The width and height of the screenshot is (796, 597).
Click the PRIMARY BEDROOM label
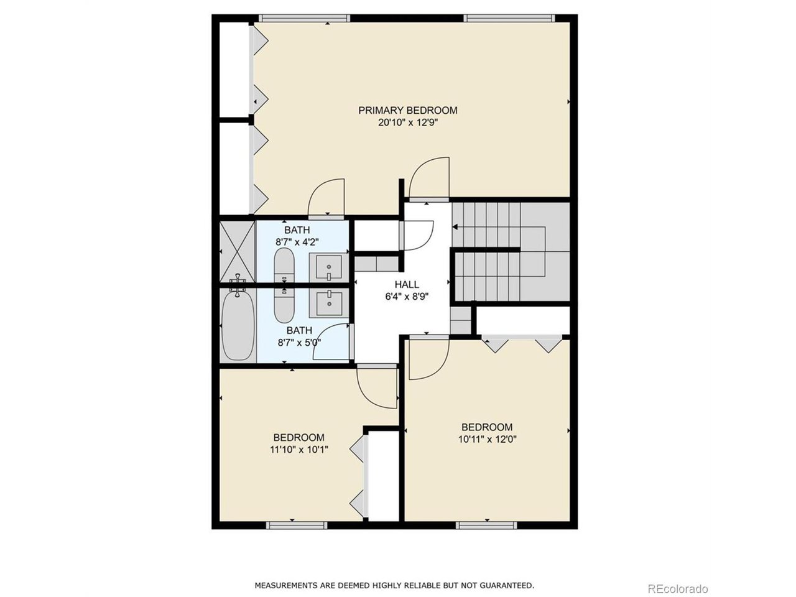407,111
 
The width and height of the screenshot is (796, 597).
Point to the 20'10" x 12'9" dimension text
407,123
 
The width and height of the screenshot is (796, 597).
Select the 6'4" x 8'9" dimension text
407,297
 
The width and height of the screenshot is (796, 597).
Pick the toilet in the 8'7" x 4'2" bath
285,266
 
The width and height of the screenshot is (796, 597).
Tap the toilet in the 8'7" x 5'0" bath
285,306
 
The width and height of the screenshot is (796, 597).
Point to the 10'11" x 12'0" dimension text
487,438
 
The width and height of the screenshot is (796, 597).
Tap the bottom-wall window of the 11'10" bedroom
297,525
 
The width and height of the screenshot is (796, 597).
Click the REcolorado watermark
677,589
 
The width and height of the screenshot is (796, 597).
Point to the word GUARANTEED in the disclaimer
506,585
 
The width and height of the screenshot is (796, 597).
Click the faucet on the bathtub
238,287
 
